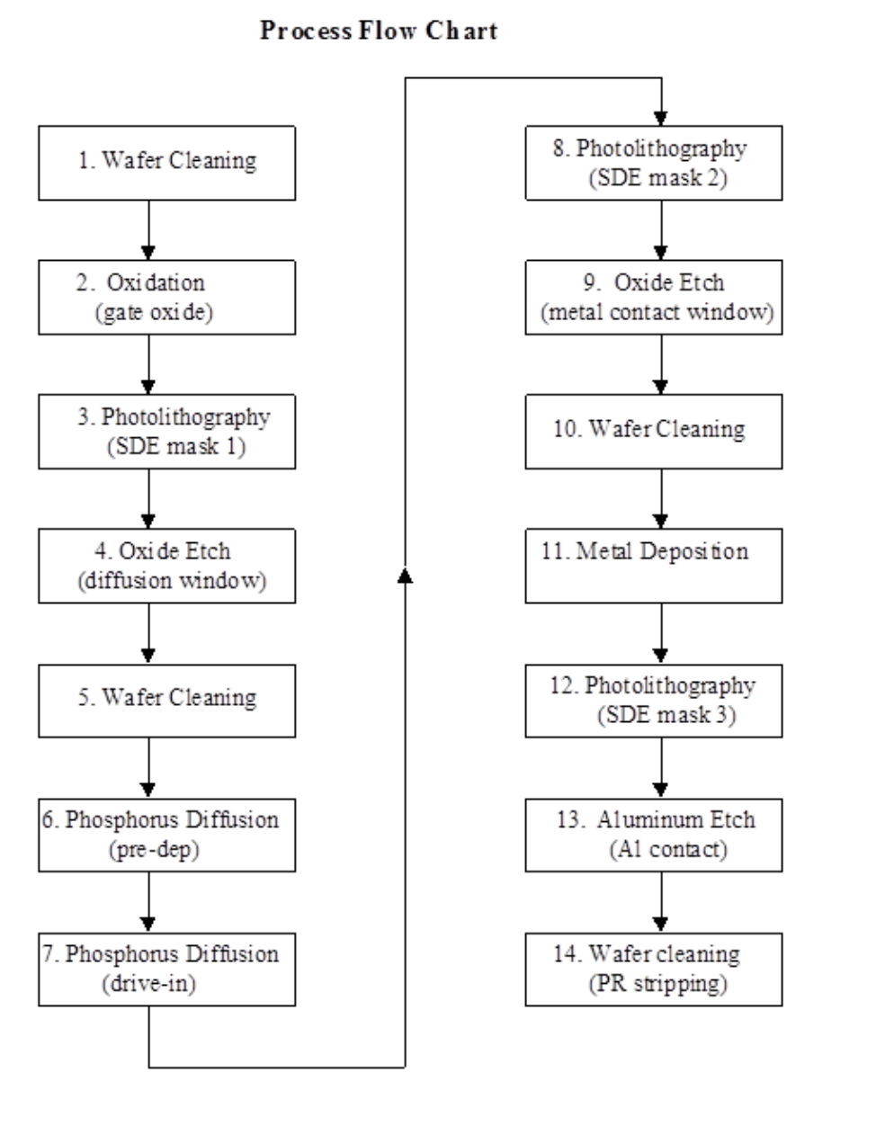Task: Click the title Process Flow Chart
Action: click(x=379, y=31)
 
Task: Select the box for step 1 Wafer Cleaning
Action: click(x=166, y=162)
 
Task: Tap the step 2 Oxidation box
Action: click(x=166, y=297)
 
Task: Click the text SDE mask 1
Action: click(x=174, y=446)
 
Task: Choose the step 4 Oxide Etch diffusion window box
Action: click(x=166, y=565)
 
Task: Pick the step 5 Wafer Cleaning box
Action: click(x=166, y=700)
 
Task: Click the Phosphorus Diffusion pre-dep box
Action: click(x=166, y=834)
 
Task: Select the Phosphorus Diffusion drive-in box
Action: click(x=166, y=969)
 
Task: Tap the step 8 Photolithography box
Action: click(x=654, y=162)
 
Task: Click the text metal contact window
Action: click(x=657, y=312)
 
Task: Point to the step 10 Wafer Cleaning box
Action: click(x=654, y=430)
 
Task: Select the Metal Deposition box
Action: click(x=654, y=565)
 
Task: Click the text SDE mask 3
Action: click(x=666, y=715)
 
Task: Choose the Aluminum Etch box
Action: click(x=654, y=834)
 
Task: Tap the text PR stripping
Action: click(x=657, y=983)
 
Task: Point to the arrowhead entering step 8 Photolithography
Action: click(x=662, y=118)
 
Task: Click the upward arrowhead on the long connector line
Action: click(x=406, y=575)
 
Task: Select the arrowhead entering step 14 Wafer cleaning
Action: click(x=662, y=924)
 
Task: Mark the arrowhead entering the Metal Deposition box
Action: click(x=662, y=520)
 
